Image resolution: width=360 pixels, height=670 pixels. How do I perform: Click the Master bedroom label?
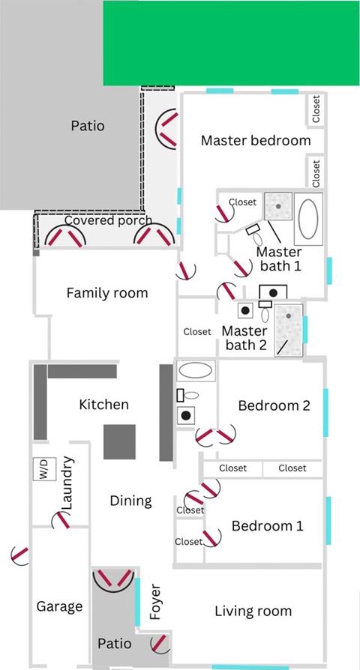256,140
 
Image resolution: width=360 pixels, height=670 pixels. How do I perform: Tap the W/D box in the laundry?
44,468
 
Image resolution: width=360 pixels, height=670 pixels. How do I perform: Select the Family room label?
107,293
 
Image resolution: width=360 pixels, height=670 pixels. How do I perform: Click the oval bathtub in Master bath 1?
308,219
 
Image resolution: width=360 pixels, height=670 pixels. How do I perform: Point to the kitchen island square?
119,442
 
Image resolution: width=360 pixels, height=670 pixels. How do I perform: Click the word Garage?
59,606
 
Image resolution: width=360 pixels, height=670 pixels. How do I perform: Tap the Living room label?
253,611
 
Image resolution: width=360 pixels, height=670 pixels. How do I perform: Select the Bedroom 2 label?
274,405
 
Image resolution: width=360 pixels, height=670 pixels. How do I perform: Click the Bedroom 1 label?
267,525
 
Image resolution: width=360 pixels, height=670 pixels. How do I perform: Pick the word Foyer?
156,602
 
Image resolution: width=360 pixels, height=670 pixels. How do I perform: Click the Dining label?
130,501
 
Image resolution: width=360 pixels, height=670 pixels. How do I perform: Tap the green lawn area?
231,43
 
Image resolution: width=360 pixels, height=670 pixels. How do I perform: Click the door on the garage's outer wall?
19,555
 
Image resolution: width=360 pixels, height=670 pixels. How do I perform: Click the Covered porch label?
108,220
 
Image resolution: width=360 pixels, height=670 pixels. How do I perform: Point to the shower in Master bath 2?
289,331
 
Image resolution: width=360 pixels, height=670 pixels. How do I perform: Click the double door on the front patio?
114,579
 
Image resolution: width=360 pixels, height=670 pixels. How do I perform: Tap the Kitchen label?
104,404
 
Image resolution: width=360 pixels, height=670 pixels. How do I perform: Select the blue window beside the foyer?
137,602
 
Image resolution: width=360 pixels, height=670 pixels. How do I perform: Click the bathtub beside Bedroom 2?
196,370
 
